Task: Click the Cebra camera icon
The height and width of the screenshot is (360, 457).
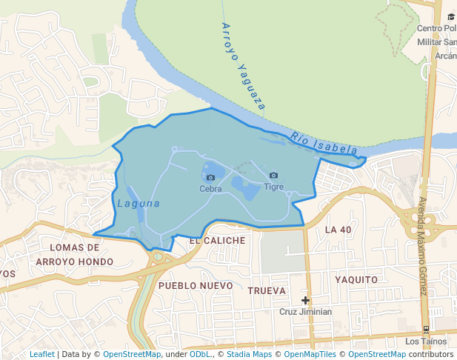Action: (210, 177)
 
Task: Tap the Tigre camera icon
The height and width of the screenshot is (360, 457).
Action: (273, 176)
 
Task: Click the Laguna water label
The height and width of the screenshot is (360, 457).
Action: (139, 203)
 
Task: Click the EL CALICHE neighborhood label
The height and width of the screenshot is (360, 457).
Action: (217, 241)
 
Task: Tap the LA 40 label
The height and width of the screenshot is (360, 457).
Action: (338, 230)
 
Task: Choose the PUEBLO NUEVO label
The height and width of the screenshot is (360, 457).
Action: (196, 285)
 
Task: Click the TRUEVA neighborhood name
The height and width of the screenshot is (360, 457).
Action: (267, 291)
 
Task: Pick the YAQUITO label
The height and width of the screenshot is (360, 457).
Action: (356, 280)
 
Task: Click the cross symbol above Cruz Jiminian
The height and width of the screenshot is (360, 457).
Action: (305, 300)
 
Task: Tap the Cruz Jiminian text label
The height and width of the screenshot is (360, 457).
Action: (305, 312)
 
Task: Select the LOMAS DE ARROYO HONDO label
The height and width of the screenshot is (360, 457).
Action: (75, 254)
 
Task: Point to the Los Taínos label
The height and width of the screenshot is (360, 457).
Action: (426, 341)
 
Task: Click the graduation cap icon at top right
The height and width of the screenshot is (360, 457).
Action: (451, 16)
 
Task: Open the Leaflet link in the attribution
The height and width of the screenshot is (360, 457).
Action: (41, 354)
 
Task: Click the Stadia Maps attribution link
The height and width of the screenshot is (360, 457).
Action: (249, 354)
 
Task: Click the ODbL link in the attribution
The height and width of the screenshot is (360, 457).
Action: (201, 354)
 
